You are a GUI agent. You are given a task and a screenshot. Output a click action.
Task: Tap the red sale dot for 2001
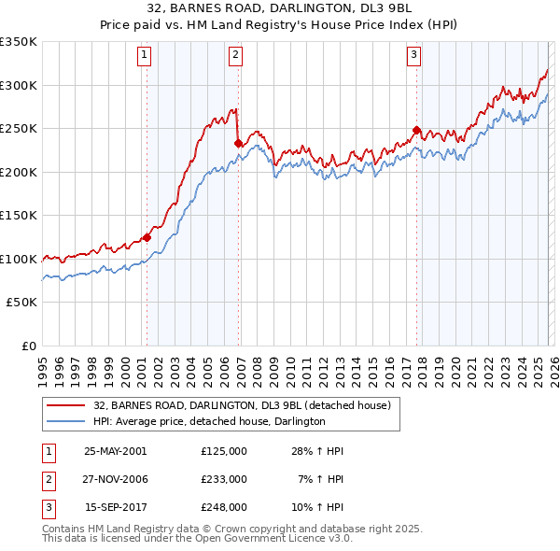[x=147, y=237]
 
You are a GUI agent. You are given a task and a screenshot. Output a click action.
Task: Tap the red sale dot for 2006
[x=238, y=144]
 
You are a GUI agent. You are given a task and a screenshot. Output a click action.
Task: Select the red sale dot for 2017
[x=416, y=131]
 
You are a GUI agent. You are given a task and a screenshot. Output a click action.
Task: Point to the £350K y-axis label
[x=18, y=42]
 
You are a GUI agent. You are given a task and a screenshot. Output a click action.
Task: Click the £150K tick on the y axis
[x=18, y=215]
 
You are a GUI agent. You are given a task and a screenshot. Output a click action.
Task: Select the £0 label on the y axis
[x=28, y=346]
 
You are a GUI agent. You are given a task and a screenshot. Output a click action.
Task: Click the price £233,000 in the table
[x=224, y=479]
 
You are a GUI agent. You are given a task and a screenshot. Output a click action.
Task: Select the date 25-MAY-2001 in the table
[x=115, y=451]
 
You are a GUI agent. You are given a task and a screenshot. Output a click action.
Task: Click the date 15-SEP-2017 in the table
[x=115, y=507]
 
